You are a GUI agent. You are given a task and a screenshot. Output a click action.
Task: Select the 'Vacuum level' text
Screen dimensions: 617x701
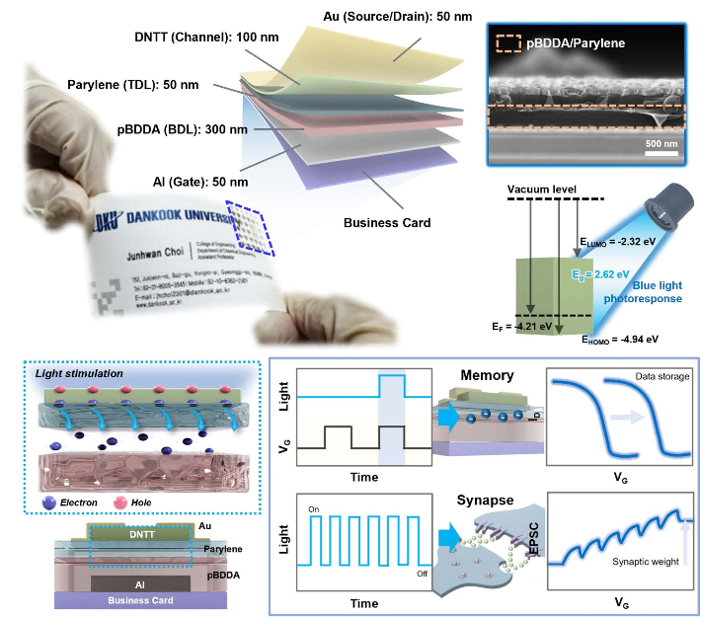[540, 189]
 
